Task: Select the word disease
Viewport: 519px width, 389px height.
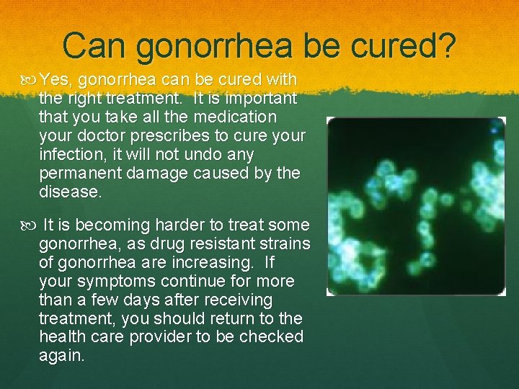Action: pyautogui.click(x=69, y=192)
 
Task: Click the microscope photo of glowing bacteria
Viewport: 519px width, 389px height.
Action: pyautogui.click(x=416, y=206)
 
